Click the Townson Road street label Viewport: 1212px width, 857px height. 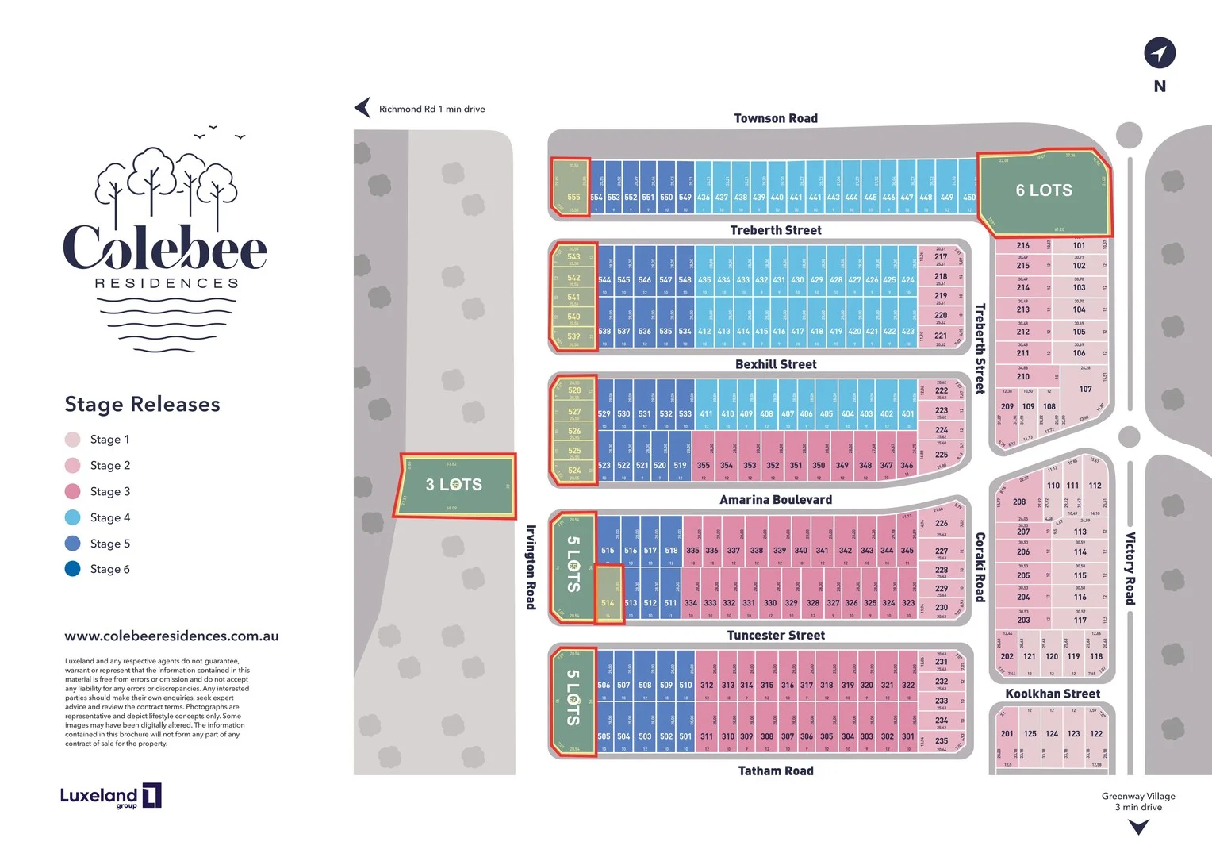click(x=775, y=118)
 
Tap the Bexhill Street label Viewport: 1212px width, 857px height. click(x=775, y=364)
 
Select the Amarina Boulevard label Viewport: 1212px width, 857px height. click(x=775, y=499)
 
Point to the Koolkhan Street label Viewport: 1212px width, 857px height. click(x=1052, y=694)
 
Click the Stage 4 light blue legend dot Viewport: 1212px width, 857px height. click(x=72, y=517)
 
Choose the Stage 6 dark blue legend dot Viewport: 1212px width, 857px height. click(x=72, y=569)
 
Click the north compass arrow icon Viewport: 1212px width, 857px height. click(x=1159, y=53)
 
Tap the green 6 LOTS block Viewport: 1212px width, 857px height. click(x=1044, y=191)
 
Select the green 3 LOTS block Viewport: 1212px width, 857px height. click(x=454, y=485)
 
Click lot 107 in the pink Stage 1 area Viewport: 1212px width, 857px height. click(x=1085, y=390)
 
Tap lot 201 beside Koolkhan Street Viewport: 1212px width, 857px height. click(x=1007, y=734)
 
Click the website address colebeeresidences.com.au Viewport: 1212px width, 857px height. click(x=171, y=636)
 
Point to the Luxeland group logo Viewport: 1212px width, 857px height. click(x=110, y=796)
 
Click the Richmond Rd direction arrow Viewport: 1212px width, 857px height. click(x=362, y=108)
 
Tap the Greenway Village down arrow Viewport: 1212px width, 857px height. click(x=1138, y=828)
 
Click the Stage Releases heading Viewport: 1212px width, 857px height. click(x=143, y=404)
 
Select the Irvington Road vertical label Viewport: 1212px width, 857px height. click(x=531, y=567)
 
